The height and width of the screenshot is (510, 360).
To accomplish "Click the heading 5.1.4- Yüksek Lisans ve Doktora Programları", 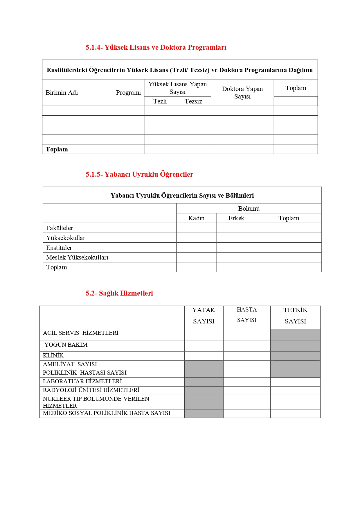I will pyautogui.click(x=156, y=47).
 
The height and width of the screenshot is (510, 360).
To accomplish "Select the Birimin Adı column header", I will pyautogui.click(x=62, y=93).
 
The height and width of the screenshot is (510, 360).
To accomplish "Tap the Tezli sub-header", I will pyautogui.click(x=160, y=101).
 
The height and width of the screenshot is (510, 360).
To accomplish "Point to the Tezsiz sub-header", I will pyautogui.click(x=193, y=101).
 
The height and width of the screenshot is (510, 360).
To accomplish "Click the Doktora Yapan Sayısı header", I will pyautogui.click(x=242, y=92).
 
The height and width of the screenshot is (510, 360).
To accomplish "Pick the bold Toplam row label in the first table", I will pyautogui.click(x=57, y=149).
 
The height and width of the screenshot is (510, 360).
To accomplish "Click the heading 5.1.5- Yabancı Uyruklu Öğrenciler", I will pyautogui.click(x=139, y=174).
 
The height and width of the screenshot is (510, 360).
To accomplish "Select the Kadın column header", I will pyautogui.click(x=196, y=218).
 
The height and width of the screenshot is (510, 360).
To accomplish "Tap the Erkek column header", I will pyautogui.click(x=236, y=218).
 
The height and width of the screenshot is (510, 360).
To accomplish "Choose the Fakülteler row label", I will pyautogui.click(x=60, y=228).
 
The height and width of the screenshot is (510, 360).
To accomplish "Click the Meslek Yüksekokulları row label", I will pyautogui.click(x=77, y=257).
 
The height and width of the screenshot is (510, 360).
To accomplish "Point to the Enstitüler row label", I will pyautogui.click(x=59, y=248).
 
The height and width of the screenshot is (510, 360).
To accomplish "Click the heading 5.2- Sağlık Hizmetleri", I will pyautogui.click(x=119, y=293).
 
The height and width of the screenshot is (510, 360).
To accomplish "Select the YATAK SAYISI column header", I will pyautogui.click(x=204, y=316).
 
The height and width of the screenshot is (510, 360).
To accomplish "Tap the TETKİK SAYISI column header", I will pyautogui.click(x=295, y=316).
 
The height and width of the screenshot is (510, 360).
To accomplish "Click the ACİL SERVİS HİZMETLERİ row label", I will pyautogui.click(x=81, y=333).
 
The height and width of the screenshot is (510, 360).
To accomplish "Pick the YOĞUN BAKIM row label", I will pyautogui.click(x=66, y=345).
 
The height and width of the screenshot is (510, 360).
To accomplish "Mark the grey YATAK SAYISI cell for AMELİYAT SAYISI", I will pyautogui.click(x=204, y=365).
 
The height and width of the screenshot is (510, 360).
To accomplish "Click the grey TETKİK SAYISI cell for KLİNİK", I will pyautogui.click(x=295, y=356).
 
